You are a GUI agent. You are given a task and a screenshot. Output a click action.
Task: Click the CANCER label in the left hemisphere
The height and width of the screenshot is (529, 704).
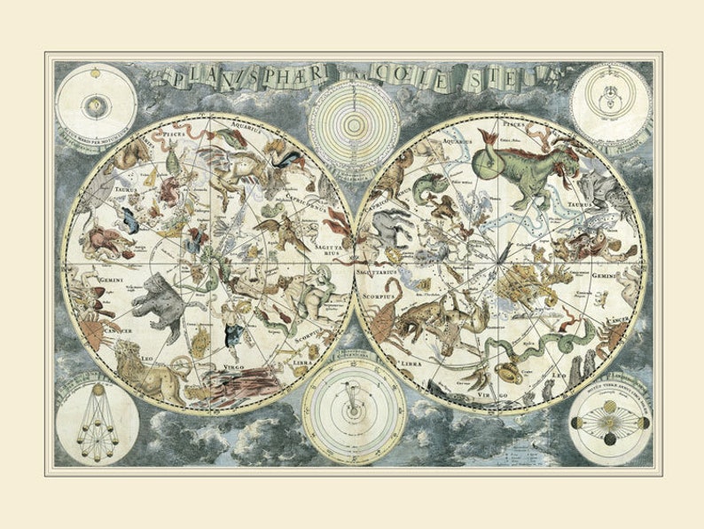(x=118, y=330)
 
